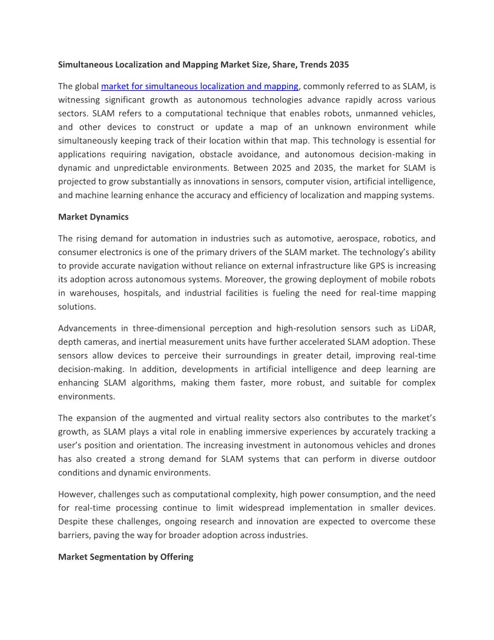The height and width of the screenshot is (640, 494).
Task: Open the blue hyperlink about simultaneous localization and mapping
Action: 199,86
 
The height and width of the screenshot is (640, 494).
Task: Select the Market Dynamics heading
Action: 93,216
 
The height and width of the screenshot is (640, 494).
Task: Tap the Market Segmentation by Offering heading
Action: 125,556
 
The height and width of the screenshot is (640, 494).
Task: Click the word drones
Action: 421,445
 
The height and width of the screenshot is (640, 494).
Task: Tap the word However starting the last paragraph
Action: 77,494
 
